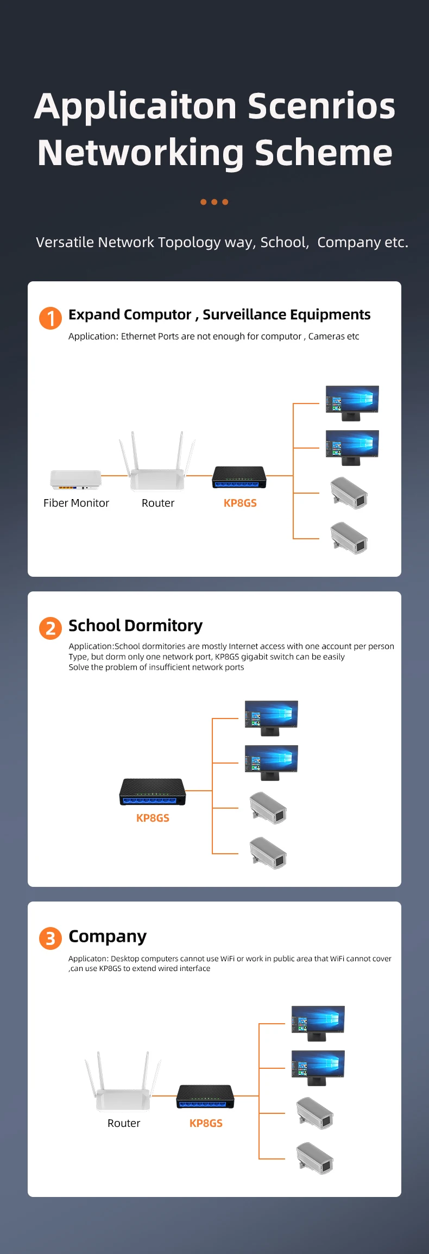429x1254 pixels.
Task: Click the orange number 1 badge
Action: coord(51,318)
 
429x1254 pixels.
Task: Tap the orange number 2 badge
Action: coord(51,628)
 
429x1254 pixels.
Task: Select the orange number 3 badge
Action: coord(51,938)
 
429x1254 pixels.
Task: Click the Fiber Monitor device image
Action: coord(76,480)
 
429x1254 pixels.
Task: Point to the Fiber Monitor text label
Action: coord(76,503)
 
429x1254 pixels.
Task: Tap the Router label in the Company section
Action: coord(124,1123)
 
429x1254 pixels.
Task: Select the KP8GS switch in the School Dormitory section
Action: coord(153,792)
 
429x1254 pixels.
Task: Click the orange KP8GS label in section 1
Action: coord(240,503)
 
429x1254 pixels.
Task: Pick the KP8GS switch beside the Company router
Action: coord(205,1097)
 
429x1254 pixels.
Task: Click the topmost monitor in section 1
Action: coord(352,403)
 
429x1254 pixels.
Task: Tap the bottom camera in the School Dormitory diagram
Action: coord(268,853)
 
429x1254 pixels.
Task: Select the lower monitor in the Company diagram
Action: coord(318,1068)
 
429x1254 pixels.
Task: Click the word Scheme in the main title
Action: coord(324,153)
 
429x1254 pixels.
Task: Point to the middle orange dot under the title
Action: coord(214,202)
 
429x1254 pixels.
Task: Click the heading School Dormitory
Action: coord(135,626)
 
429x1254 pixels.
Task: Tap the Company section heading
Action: coord(108,937)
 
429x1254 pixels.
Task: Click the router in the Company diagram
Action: coord(123,1081)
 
